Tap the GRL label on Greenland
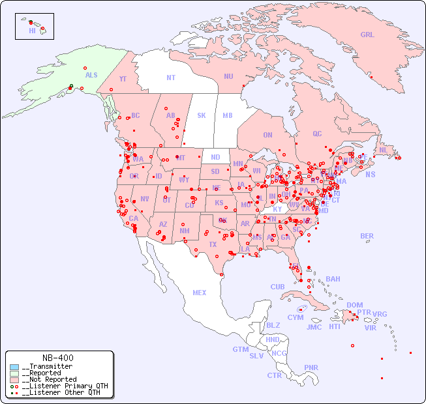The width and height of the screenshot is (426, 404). (x=367, y=35)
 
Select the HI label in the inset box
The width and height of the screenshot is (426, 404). (x=32, y=31)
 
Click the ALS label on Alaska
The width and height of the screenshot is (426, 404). (x=91, y=75)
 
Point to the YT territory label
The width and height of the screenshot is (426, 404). (x=123, y=79)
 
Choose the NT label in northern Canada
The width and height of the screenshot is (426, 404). (x=171, y=78)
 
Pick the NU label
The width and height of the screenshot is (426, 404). (x=228, y=76)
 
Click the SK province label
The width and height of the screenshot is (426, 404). (x=202, y=115)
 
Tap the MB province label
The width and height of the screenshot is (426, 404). (x=228, y=115)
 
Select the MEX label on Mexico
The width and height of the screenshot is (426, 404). (x=200, y=293)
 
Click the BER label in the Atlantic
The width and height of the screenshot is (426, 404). (x=367, y=236)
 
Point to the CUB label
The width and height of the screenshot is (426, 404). (x=277, y=287)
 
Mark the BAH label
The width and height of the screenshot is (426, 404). (x=333, y=279)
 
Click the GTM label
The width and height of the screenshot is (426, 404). (x=240, y=349)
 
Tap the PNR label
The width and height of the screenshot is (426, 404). (x=311, y=368)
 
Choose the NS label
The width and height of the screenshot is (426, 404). (x=370, y=174)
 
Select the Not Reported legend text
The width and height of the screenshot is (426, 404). (x=49, y=379)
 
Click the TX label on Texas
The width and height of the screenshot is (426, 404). (x=213, y=244)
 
